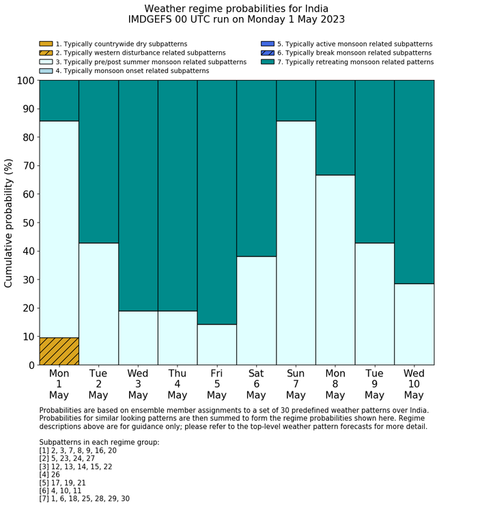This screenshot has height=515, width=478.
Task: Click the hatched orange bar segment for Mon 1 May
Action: click(x=59, y=351)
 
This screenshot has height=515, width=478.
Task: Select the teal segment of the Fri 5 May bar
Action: click(x=216, y=202)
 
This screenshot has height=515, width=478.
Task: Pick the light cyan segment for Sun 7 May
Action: click(x=296, y=242)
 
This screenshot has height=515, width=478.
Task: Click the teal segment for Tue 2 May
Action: click(x=98, y=161)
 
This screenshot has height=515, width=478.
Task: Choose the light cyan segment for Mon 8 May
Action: click(x=335, y=270)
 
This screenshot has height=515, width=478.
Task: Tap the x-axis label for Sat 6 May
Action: click(x=256, y=384)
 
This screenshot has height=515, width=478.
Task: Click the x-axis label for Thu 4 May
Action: click(x=177, y=384)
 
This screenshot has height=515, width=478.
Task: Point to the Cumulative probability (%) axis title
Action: click(x=9, y=223)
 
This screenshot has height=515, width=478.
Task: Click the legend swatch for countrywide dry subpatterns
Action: click(x=46, y=44)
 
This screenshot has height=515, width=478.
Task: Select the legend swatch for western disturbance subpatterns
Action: click(x=46, y=53)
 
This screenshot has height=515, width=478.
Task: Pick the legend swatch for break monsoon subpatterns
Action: click(x=268, y=53)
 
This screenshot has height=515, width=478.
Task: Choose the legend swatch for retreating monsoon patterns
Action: click(x=268, y=61)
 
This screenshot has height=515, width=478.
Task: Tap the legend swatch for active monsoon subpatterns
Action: click(x=268, y=44)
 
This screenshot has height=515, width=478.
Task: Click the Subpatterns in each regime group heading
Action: click(x=99, y=442)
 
